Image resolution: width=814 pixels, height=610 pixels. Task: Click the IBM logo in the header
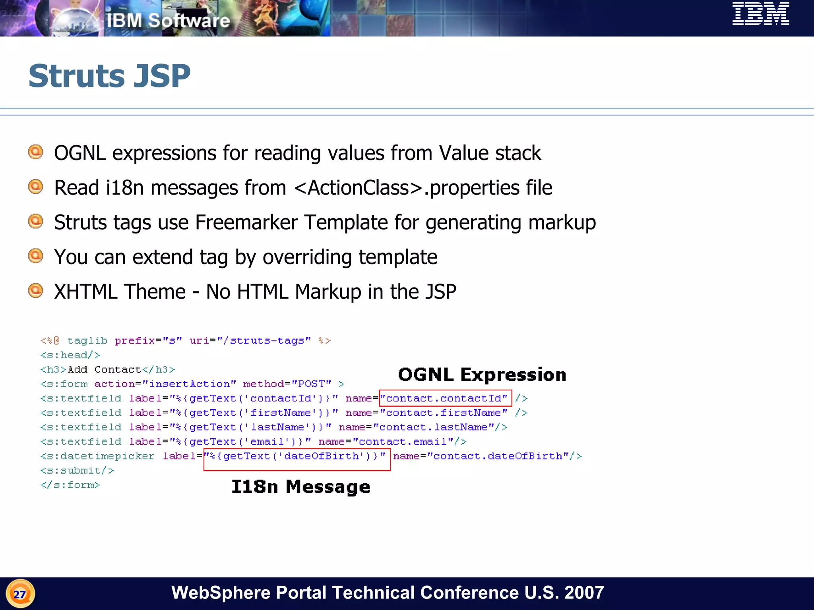pyautogui.click(x=760, y=14)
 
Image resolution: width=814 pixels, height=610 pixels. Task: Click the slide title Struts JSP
pyautogui.click(x=110, y=76)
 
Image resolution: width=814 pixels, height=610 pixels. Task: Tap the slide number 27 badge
pyautogui.click(x=20, y=594)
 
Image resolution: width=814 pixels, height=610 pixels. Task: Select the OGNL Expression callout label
pyautogui.click(x=482, y=375)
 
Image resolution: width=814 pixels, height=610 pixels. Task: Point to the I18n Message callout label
pyautogui.click(x=300, y=487)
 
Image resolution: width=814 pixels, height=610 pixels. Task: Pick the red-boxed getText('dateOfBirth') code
pyautogui.click(x=297, y=456)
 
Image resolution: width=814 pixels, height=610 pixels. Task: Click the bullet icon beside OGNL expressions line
pyautogui.click(x=36, y=152)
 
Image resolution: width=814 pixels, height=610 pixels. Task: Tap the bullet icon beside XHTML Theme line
pyautogui.click(x=36, y=291)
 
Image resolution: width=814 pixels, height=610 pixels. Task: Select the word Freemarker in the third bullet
pyautogui.click(x=246, y=222)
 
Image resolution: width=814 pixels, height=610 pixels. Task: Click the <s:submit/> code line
pyautogui.click(x=77, y=471)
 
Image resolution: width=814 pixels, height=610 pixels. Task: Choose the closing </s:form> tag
pyautogui.click(x=70, y=485)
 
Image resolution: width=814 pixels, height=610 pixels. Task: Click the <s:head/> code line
pyautogui.click(x=70, y=355)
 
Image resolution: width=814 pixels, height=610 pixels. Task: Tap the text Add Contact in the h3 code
pyautogui.click(x=104, y=370)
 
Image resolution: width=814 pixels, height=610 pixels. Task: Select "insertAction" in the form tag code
pyautogui.click(x=189, y=384)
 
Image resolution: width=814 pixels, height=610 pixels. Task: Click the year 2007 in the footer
pyautogui.click(x=584, y=593)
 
